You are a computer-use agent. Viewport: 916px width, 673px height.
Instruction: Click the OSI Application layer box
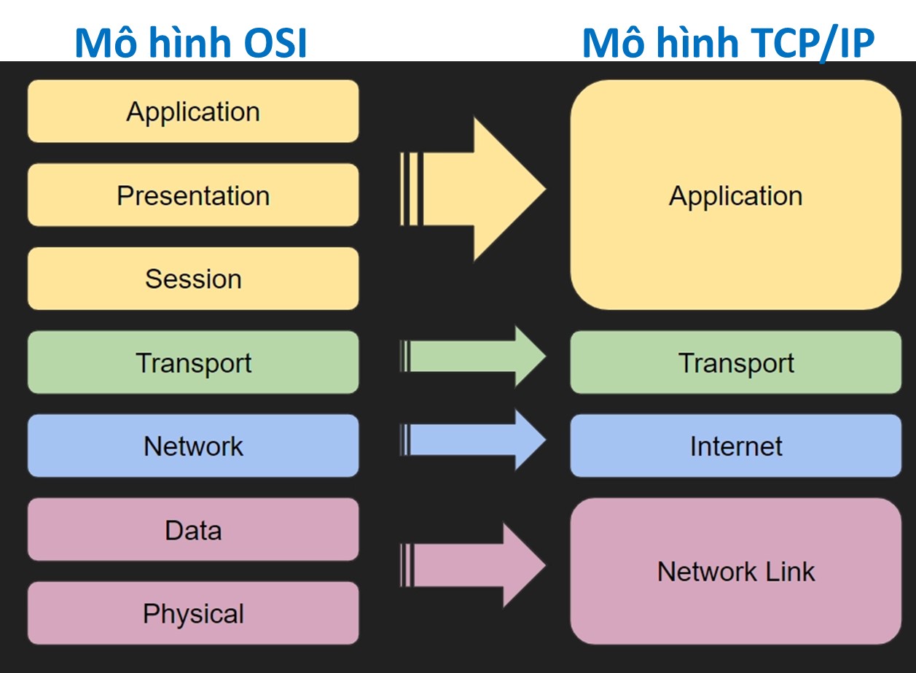point(193,112)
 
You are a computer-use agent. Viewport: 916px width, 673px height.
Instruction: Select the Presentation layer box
point(193,195)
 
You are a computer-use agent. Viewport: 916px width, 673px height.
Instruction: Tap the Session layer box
point(193,279)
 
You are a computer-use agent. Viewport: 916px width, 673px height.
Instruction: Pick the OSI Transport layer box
point(193,362)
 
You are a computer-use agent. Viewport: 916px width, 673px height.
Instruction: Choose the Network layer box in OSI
point(193,446)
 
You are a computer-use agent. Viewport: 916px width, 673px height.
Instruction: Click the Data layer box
point(193,529)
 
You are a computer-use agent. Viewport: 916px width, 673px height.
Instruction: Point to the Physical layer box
point(193,613)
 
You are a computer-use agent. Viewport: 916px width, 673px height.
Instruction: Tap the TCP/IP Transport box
point(736,362)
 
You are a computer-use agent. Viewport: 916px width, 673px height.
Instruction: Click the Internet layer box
point(736,446)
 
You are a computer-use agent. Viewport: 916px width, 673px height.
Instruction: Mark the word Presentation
point(193,195)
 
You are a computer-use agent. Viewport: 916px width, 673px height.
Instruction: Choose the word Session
point(193,279)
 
